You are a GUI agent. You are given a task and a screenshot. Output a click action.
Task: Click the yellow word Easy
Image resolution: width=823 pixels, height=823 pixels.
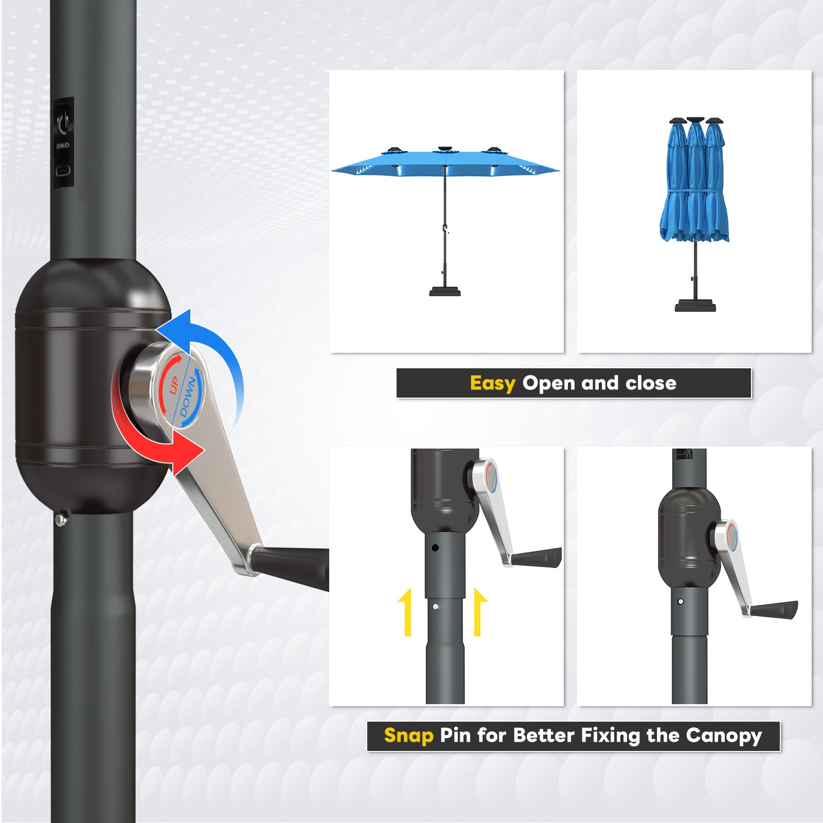pos(492,384)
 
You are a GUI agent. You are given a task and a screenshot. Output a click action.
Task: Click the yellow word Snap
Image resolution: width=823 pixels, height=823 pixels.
pos(408,736)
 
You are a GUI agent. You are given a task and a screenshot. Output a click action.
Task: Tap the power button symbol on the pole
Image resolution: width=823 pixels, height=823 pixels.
pos(64,123)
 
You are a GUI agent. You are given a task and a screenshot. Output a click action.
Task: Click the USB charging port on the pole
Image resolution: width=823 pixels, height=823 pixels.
pos(63,171)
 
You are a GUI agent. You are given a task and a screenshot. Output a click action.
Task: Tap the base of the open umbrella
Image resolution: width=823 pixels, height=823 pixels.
pos(445,292)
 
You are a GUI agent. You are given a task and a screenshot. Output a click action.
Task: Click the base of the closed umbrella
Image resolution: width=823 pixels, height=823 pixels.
pos(695,306)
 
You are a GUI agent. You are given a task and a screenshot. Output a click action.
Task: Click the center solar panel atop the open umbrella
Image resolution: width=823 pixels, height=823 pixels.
pos(445,150)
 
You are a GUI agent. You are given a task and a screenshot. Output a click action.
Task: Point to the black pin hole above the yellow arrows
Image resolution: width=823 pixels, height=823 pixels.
pos(435,548)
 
